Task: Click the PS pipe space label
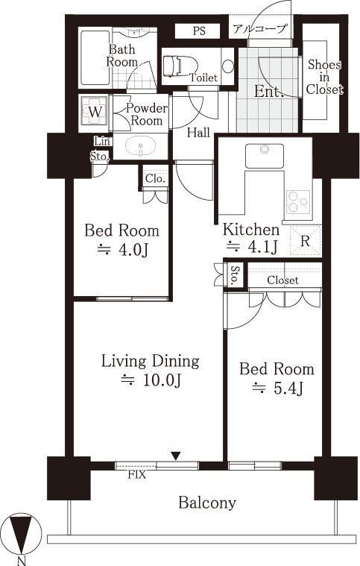(199, 31)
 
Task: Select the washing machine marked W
(95, 112)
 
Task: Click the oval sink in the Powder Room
(141, 146)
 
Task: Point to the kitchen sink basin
(265, 156)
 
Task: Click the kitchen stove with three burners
(298, 202)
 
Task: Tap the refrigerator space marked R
(306, 241)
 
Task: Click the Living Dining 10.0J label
(151, 370)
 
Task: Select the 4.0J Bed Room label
(121, 239)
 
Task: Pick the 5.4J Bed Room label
(277, 378)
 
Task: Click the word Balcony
(207, 503)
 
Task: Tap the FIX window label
(137, 475)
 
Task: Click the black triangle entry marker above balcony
(176, 456)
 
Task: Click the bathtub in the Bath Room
(95, 57)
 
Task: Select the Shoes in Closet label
(324, 77)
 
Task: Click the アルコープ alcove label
(260, 28)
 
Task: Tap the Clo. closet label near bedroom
(156, 178)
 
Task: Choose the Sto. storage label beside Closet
(235, 274)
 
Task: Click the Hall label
(198, 133)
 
